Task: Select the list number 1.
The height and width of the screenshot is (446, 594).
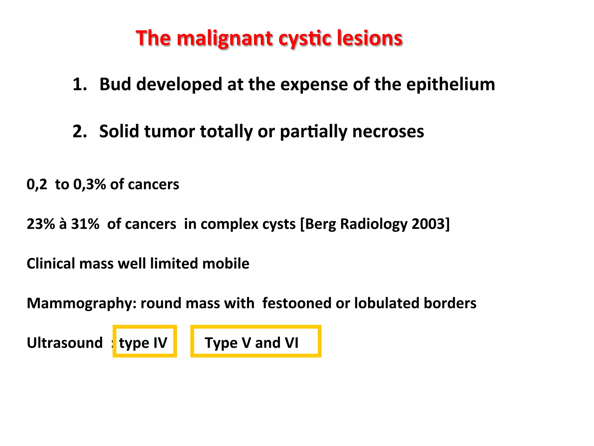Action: coord(79,84)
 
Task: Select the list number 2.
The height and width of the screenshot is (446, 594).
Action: coord(79,132)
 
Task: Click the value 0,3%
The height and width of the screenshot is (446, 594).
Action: coord(89,184)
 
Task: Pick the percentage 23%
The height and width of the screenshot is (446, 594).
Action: coord(41,224)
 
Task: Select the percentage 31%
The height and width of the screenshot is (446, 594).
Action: coord(85,224)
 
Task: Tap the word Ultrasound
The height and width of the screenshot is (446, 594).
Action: coord(65,343)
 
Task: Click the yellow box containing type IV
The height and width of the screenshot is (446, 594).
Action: coord(144,341)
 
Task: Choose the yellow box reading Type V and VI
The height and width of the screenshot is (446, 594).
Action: coord(256,341)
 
